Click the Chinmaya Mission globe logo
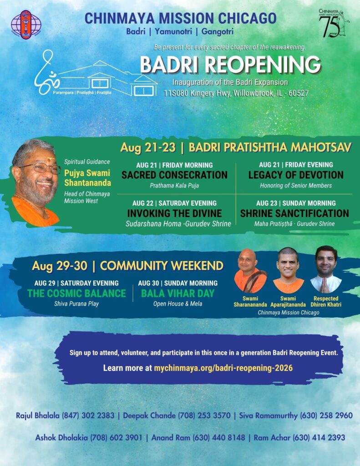click(x=26, y=25)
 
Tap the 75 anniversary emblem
click(x=334, y=24)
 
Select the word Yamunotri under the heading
click(x=173, y=31)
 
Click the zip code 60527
click(x=298, y=93)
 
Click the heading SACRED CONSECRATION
click(x=174, y=175)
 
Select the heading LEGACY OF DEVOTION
click(x=296, y=175)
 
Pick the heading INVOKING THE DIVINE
click(x=174, y=213)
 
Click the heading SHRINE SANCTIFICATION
click(x=294, y=213)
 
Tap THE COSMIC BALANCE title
click(x=77, y=294)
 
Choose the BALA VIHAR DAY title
click(x=178, y=294)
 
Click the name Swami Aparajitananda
click(x=288, y=301)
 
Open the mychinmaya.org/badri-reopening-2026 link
click(x=223, y=368)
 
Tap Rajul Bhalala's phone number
click(x=88, y=415)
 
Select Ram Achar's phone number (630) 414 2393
click(x=319, y=437)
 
